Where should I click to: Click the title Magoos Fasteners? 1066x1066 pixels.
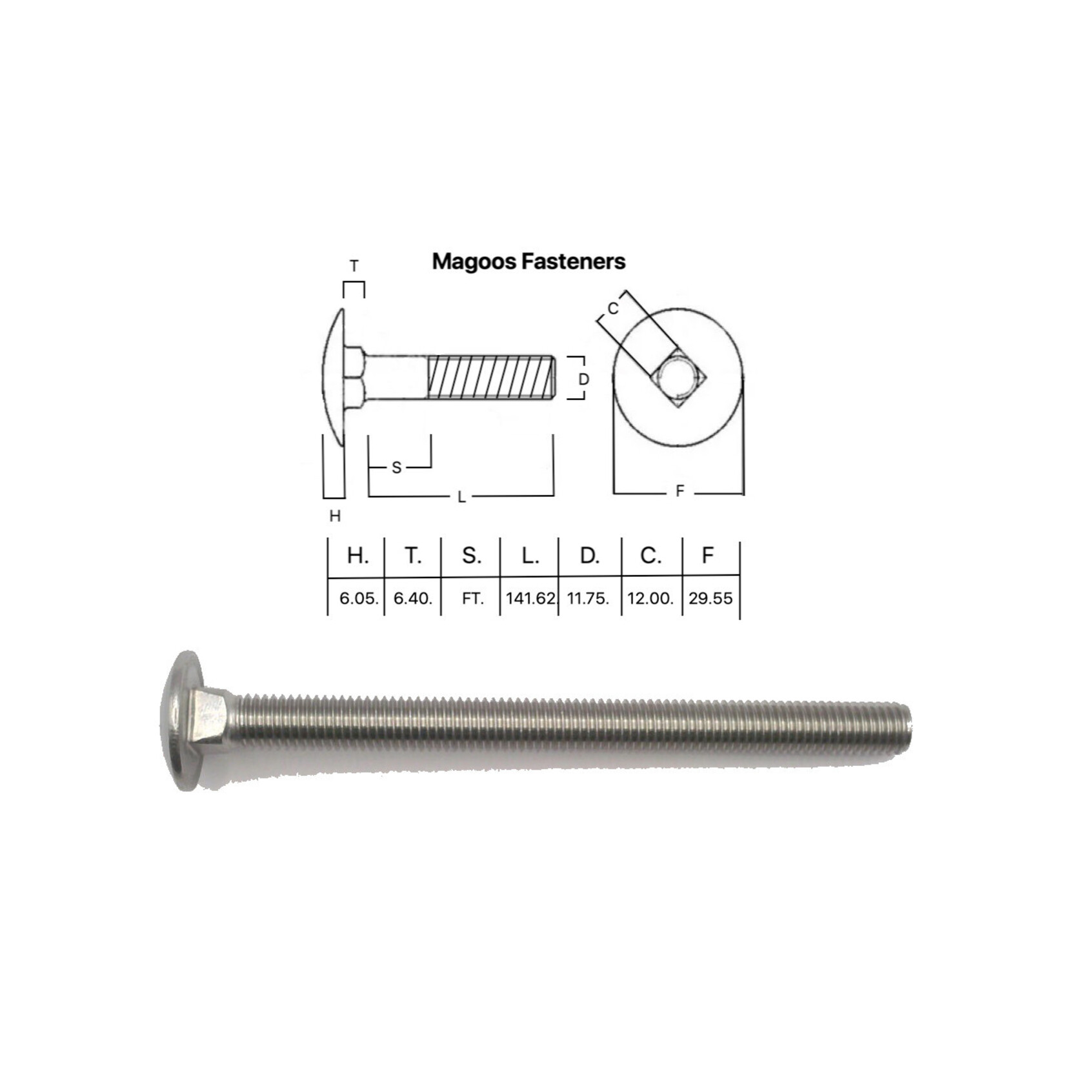[528, 261]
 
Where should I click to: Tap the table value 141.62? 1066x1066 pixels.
[530, 598]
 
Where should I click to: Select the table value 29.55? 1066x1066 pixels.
[710, 598]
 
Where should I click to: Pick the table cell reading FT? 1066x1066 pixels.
[472, 599]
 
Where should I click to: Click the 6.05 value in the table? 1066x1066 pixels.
[358, 598]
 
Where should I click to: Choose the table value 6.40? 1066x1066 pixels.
[412, 598]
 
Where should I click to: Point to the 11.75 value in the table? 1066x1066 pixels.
[588, 598]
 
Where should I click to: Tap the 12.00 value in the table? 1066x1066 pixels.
[650, 598]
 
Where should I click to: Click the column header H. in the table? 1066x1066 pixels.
[357, 556]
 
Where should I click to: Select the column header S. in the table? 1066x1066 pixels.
[472, 556]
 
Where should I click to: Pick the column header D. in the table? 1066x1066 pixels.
[589, 556]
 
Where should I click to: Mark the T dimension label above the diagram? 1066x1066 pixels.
[354, 266]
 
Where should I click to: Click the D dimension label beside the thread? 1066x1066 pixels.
[583, 379]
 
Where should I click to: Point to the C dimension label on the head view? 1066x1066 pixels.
[613, 308]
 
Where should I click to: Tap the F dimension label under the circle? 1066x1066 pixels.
[679, 492]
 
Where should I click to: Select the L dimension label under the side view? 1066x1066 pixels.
[461, 497]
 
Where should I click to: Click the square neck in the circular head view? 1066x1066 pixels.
[679, 378]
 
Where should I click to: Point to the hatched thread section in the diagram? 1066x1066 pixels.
[490, 377]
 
